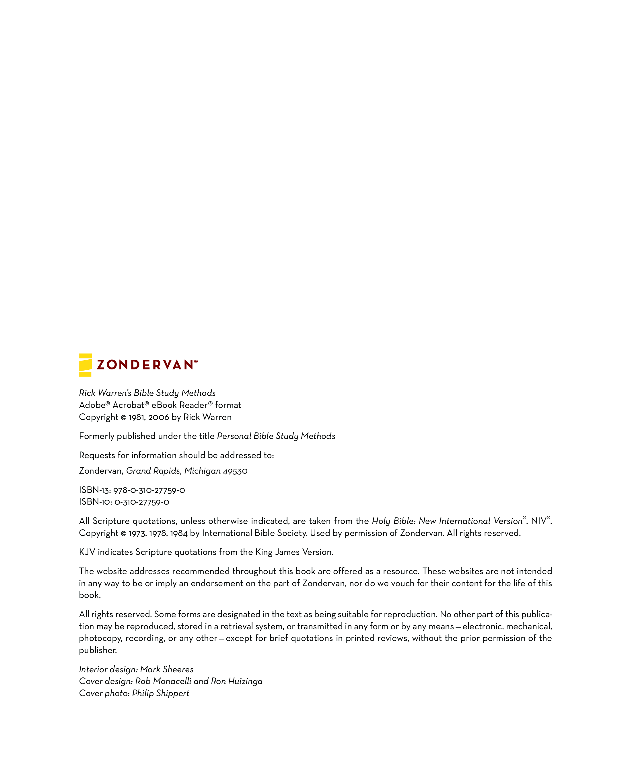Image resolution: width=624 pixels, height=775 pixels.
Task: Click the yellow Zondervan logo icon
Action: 85,365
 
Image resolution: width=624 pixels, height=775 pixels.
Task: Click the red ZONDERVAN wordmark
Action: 145,365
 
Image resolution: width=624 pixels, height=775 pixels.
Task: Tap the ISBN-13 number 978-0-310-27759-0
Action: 149,490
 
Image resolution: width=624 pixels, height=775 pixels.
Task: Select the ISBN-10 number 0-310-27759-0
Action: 142,502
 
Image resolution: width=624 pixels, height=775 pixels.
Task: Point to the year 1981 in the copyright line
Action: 137,417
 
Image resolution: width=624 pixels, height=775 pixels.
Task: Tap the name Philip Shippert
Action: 160,693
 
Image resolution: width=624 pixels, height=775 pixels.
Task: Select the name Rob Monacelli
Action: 163,681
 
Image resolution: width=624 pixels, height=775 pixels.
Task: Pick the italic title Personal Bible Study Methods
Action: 276,436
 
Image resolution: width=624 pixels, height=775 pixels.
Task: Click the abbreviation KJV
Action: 87,552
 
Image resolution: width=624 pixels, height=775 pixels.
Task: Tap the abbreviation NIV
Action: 539,521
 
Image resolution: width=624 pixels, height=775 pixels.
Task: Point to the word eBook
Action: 164,405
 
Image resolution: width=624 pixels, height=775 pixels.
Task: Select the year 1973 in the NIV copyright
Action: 137,533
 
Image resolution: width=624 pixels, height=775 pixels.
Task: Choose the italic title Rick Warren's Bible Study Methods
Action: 147,393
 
